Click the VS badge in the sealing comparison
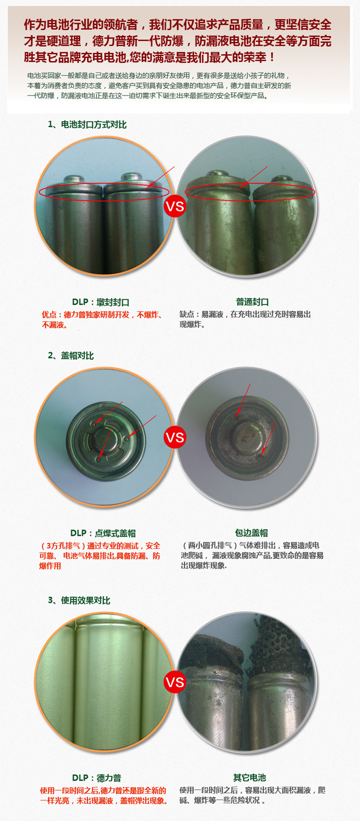click(175, 206)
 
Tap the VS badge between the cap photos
click(175, 437)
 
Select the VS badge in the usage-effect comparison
click(175, 682)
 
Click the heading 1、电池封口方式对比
click(87, 125)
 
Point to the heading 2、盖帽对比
click(71, 355)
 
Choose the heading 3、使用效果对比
click(79, 600)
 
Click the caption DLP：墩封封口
click(101, 302)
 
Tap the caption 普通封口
click(252, 302)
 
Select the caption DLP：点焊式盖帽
click(103, 533)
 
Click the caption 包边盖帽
click(252, 533)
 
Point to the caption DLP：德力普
click(97, 778)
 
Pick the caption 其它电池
click(250, 777)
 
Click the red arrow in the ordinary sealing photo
click(253, 178)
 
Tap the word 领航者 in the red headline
click(120, 24)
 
